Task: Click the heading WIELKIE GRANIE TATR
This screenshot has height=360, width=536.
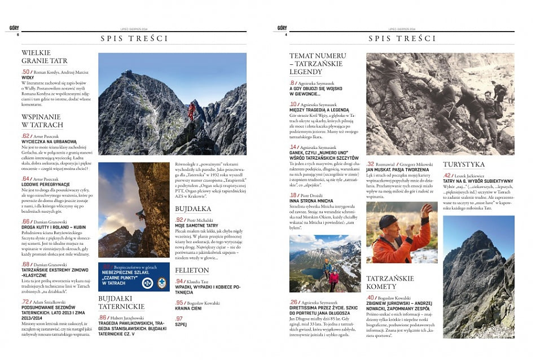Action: pyautogui.click(x=44, y=56)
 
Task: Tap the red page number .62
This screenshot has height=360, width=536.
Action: pyautogui.click(x=25, y=136)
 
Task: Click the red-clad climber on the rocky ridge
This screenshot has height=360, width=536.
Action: pyautogui.click(x=191, y=111)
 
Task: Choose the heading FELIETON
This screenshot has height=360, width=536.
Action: pyautogui.click(x=192, y=271)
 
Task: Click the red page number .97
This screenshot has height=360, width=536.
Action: pyautogui.click(x=179, y=319)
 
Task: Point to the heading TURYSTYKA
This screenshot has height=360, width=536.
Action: pyautogui.click(x=464, y=164)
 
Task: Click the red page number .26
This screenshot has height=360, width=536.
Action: pyautogui.click(x=293, y=302)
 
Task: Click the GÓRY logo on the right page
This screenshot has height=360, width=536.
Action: pyautogui.click(x=282, y=28)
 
